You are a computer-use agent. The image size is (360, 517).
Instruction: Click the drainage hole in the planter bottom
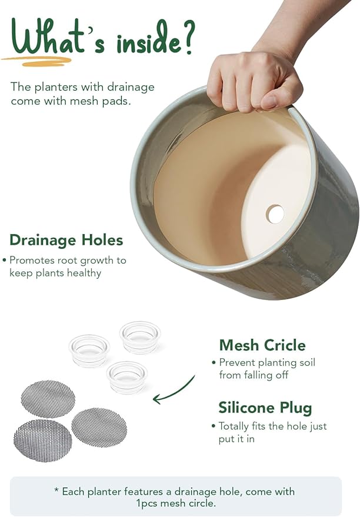click(275, 214)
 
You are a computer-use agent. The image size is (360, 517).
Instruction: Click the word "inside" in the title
click(148, 43)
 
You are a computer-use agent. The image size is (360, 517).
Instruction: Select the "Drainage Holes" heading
click(66, 240)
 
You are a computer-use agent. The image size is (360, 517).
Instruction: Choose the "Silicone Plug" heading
click(265, 408)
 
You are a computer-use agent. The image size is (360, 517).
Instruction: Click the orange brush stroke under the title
click(36, 61)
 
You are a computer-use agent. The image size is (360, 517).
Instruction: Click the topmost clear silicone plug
click(140, 337)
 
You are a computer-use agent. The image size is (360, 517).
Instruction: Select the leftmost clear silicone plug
click(89, 351)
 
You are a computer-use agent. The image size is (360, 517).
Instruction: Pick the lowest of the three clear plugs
click(127, 377)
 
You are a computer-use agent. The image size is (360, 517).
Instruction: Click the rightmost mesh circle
click(99, 428)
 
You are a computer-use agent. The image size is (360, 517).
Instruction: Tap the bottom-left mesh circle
click(42, 441)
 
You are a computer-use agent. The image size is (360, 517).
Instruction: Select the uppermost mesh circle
click(48, 399)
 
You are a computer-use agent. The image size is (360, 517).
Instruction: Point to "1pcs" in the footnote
click(146, 503)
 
